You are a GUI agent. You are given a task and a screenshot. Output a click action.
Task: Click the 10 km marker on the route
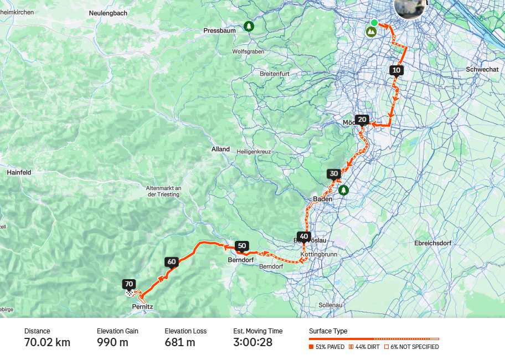pos(396,70)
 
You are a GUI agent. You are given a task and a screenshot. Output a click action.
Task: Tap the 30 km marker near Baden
pos(333,174)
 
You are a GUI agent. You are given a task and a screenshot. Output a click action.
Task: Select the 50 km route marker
pos(241,246)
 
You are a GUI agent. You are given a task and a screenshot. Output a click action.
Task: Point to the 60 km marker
pos(171,262)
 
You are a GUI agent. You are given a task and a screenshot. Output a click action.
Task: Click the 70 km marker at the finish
pos(130,284)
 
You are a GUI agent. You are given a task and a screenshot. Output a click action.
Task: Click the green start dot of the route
pos(374,23)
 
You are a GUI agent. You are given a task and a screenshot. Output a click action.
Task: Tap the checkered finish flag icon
pos(130,292)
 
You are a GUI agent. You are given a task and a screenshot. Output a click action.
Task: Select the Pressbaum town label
pos(219,31)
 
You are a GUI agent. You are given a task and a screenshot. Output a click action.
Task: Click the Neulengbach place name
pos(109,12)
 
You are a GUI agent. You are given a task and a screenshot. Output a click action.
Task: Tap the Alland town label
pos(220,150)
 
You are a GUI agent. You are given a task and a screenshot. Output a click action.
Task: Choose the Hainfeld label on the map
pos(19,173)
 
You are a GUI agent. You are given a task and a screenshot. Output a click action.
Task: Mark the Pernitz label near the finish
pos(142,306)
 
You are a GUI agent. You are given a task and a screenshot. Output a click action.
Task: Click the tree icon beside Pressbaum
pos(249,26)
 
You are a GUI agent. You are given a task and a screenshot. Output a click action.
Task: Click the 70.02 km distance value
pos(47,342)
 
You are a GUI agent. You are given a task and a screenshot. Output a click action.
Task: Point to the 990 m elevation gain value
pos(112,342)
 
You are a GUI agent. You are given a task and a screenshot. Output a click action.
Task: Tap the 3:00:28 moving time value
pos(252,342)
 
